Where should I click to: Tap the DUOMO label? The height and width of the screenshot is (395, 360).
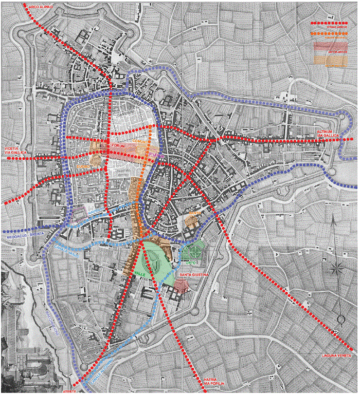pyautogui.click(x=83, y=166)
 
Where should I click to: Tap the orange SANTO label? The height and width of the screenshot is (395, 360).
pyautogui.click(x=193, y=213)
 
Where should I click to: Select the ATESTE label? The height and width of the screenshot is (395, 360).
pyautogui.click(x=68, y=390)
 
